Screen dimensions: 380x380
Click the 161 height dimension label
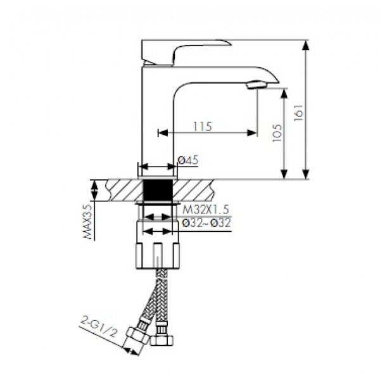coord(298,113)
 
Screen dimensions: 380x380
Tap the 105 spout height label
coord(277,133)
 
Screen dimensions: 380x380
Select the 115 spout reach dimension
coord(203,126)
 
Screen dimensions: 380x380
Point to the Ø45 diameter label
coord(188,160)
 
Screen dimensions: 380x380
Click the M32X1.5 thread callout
coord(205,210)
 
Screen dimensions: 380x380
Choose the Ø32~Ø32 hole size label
coord(206,223)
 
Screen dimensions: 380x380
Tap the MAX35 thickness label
coord(88,222)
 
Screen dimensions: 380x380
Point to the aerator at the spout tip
coord(256,85)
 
